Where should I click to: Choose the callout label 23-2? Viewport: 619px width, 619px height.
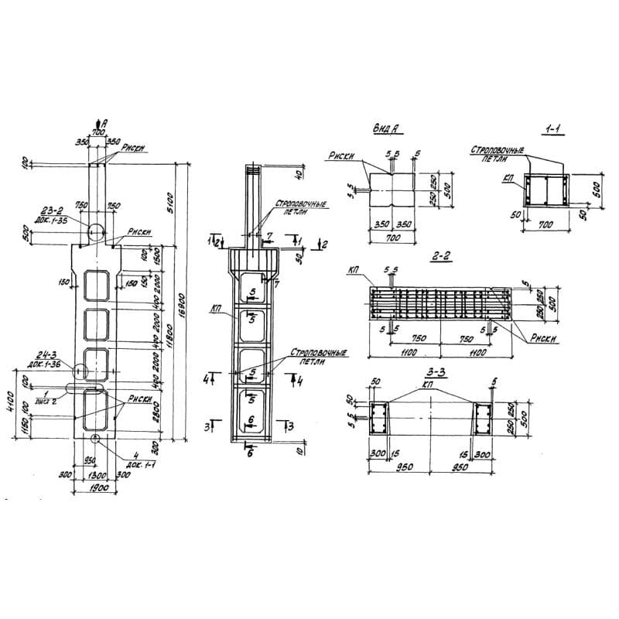click(55, 209)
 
